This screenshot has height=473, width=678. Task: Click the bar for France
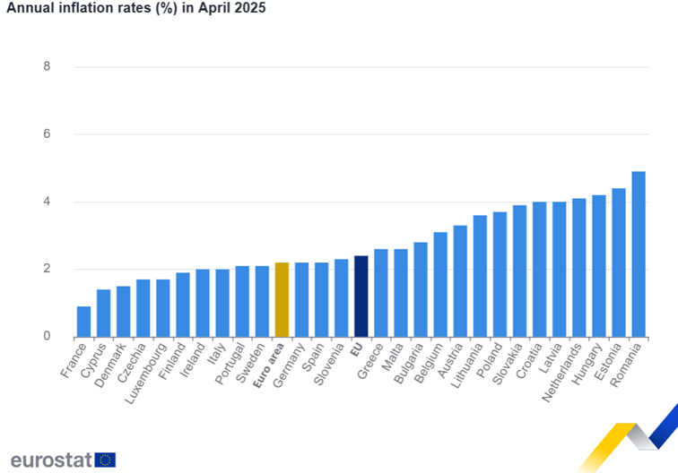coord(84,322)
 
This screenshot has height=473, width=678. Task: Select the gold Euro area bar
coord(282,300)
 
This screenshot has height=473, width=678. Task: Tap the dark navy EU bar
coord(361,297)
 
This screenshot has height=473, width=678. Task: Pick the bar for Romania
coord(639,254)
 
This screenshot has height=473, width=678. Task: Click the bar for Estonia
coord(619,262)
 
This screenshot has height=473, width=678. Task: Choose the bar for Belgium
coord(440,285)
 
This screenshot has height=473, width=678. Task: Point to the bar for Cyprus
coord(103,314)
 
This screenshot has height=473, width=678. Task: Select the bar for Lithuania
coord(480,276)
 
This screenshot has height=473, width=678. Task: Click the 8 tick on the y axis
coord(47,66)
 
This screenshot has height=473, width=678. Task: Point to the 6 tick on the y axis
coord(47,133)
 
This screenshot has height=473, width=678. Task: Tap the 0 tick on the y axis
coord(47,336)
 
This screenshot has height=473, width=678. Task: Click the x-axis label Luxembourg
coord(145,374)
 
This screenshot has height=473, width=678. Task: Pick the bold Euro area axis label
coord(268,365)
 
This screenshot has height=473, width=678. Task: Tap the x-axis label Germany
coord(289,365)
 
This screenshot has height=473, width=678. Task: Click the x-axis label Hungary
coord(587,364)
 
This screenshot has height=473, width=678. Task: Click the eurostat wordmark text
coord(51,460)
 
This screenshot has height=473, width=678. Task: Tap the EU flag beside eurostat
coord(105,460)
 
